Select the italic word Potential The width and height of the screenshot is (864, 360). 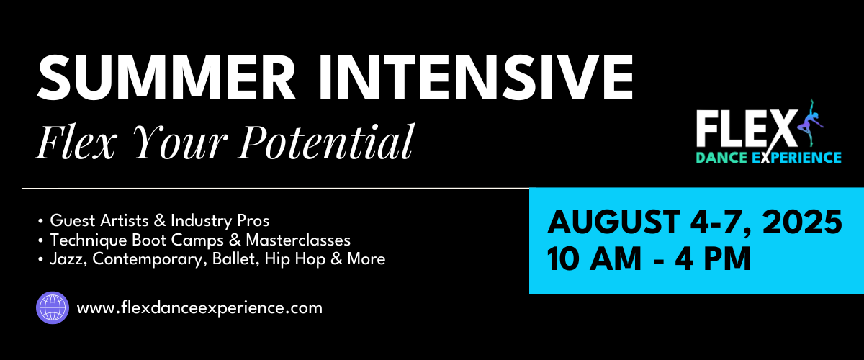click(326, 141)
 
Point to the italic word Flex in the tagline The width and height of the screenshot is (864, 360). click(76, 141)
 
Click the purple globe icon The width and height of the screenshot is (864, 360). click(53, 307)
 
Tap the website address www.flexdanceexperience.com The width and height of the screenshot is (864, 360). click(199, 308)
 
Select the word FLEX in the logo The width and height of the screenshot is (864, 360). click(747, 130)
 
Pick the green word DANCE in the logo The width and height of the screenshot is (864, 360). click(721, 158)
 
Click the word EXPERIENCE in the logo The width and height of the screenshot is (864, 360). click(796, 158)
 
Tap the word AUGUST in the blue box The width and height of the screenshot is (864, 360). click(613, 222)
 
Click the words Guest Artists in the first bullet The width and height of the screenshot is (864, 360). click(99, 221)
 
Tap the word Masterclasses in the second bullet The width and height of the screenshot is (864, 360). click(298, 240)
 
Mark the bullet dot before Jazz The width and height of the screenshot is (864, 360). click(40, 260)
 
